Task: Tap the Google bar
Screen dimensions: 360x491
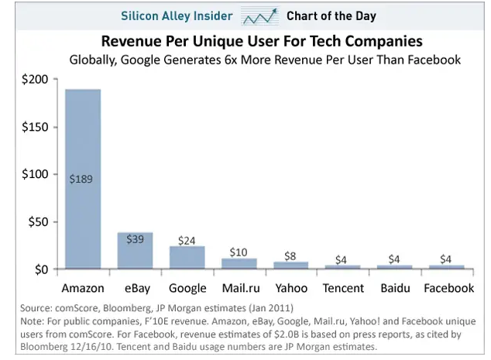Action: [187, 259]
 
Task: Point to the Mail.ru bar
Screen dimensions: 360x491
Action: [239, 264]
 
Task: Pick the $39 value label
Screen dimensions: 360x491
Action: [135, 239]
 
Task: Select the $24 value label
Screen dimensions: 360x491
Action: [187, 241]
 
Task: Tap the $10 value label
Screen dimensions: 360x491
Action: [239, 252]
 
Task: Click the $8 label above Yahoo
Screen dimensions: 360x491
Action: [291, 255]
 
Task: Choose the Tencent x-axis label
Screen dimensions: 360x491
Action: [343, 288]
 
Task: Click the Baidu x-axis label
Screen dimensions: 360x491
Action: [395, 288]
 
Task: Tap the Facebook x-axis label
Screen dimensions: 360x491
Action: [448, 288]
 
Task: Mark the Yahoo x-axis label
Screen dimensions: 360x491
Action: [291, 288]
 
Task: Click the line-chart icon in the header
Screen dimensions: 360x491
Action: [259, 16]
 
